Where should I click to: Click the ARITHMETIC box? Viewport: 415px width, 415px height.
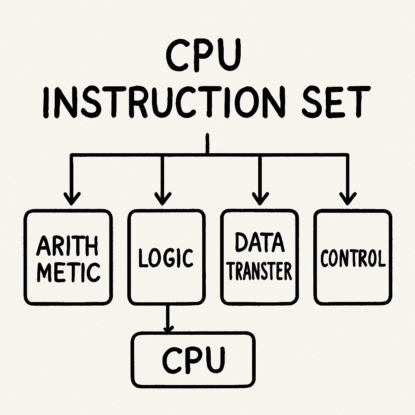[x=68, y=257]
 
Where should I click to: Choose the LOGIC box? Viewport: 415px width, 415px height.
[x=166, y=257]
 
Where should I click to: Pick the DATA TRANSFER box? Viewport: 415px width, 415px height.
[x=260, y=257]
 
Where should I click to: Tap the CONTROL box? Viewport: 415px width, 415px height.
[x=353, y=257]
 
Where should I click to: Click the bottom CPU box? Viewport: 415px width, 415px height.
[x=194, y=359]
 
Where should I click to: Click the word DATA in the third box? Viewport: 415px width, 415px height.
[x=259, y=243]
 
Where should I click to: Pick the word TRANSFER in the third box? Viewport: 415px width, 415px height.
[x=259, y=270]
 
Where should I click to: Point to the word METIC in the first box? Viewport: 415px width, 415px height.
[x=68, y=272]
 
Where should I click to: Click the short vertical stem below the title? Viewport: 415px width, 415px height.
[x=207, y=144]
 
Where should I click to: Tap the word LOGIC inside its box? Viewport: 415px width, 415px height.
[x=166, y=258]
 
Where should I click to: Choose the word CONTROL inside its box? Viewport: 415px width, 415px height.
[x=353, y=258]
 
